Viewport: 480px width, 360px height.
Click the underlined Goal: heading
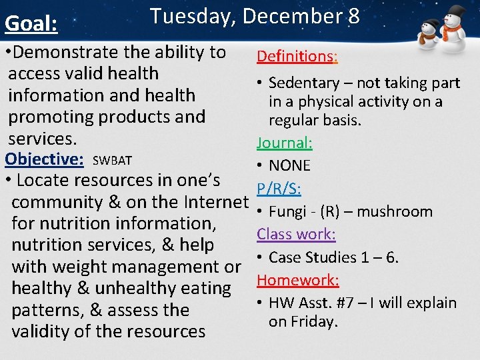click(31, 23)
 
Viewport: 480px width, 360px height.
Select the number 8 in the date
click(353, 16)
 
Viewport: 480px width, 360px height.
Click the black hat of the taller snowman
click(455, 13)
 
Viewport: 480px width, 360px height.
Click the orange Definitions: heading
click(297, 56)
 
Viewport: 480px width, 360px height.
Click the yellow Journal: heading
click(285, 143)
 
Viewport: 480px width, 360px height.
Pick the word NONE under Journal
click(289, 165)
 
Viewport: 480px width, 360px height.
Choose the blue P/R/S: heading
click(279, 189)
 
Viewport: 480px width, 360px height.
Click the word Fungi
click(286, 212)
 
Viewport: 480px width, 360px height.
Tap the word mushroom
click(395, 212)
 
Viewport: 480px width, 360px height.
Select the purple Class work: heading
click(296, 234)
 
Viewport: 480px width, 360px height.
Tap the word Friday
click(314, 321)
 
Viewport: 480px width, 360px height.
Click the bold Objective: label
click(44, 159)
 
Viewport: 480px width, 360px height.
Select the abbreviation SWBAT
click(112, 161)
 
